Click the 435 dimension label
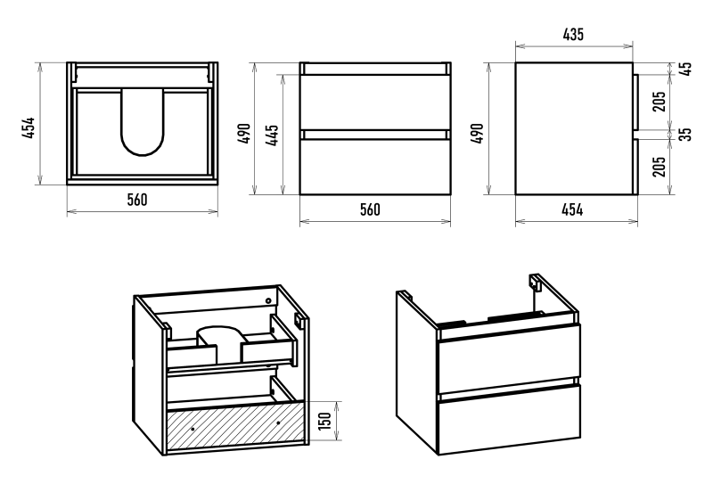(574, 35)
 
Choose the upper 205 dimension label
(660, 102)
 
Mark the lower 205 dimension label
(660, 167)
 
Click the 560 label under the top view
(136, 200)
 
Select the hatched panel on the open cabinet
(236, 427)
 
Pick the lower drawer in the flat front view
(376, 167)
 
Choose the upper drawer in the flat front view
(376, 103)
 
